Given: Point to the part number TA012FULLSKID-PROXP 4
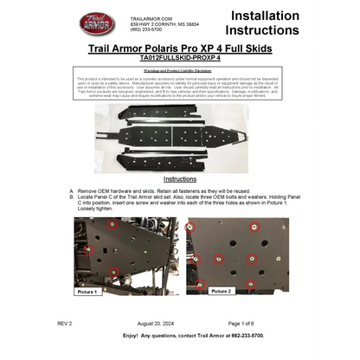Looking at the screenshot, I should [x=179, y=57].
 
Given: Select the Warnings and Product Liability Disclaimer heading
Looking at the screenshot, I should [x=180, y=70].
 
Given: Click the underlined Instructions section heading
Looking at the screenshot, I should [x=180, y=178].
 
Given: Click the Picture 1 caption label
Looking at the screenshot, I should [x=87, y=292].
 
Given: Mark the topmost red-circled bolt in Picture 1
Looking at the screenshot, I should [x=112, y=223].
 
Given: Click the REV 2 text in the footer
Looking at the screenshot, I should [x=65, y=322].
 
